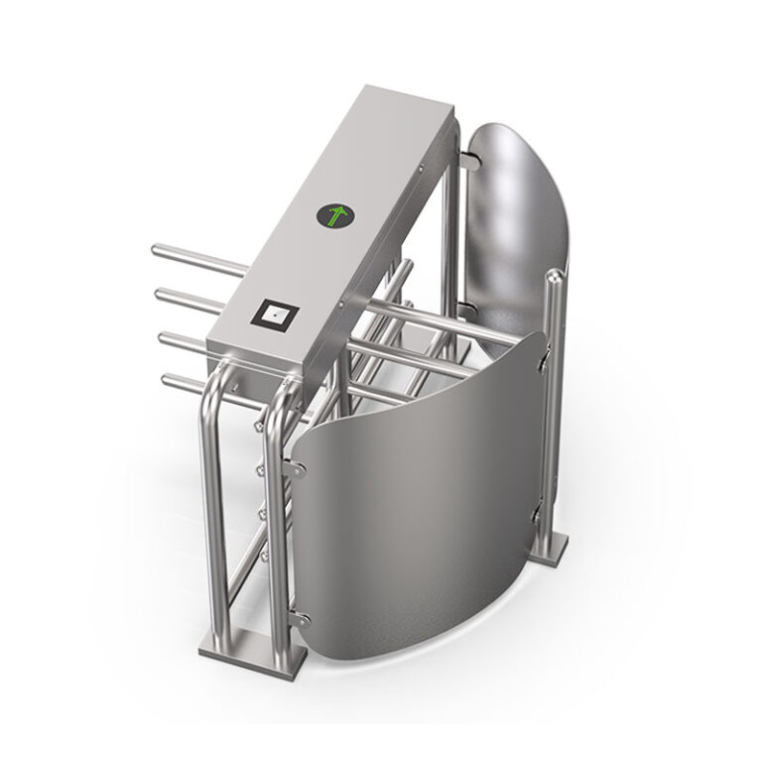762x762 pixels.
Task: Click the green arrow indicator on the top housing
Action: click(x=334, y=215)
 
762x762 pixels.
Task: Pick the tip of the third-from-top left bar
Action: click(x=163, y=337)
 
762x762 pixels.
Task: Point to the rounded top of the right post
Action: click(x=552, y=280)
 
